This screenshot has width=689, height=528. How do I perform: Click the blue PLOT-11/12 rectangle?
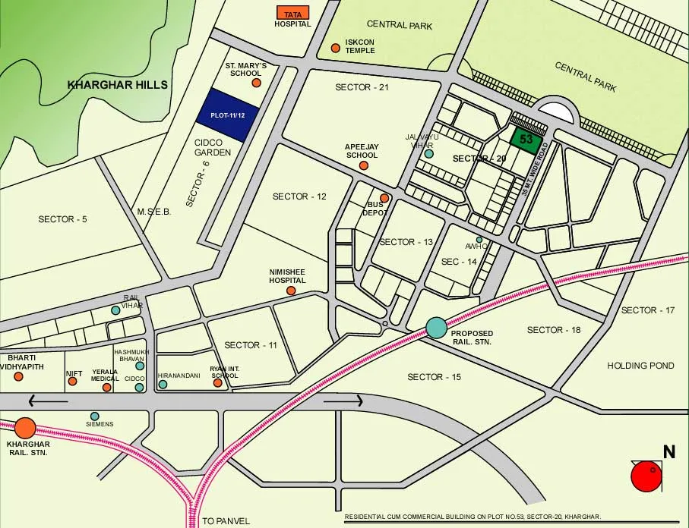coord(227,115)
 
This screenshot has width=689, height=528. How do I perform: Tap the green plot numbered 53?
coord(526,140)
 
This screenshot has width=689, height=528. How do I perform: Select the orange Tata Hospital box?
coord(292,14)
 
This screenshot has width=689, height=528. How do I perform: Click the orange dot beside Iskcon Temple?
coord(335,49)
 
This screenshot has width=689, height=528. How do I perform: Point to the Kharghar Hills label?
coord(118,85)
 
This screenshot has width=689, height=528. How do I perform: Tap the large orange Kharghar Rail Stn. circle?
coord(25,429)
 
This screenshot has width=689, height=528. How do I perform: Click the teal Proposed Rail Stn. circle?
coord(436,327)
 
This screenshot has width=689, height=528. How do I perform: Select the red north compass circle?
coord(646,477)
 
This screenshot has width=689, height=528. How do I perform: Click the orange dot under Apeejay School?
coord(363,165)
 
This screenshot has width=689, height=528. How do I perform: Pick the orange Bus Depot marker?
coord(384,199)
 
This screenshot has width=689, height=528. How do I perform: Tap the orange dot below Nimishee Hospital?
coord(290,291)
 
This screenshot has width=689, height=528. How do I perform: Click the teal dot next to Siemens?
coord(95,416)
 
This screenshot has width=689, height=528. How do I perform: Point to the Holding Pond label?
coord(640,366)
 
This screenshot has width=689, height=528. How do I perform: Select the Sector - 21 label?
coord(362,87)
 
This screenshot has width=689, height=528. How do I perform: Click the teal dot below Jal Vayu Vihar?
coord(428,153)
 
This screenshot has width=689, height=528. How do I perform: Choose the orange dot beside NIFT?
coord(72,381)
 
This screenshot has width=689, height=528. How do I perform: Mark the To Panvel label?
coord(226,521)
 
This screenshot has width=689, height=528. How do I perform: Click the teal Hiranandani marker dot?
coord(163,385)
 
